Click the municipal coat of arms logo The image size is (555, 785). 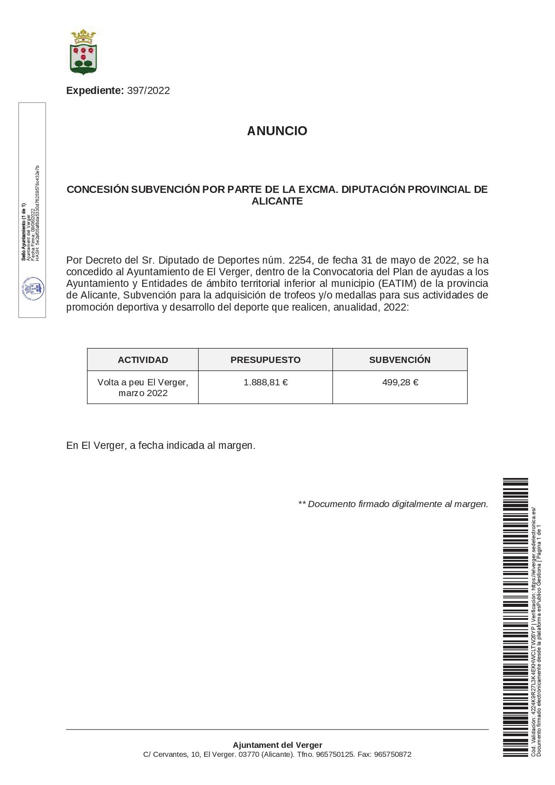tap(83, 51)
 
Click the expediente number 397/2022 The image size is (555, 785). tap(148, 90)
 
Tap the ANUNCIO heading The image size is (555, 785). tap(277, 131)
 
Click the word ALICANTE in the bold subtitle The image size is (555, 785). tap(277, 201)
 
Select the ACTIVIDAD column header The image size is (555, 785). tap(143, 360)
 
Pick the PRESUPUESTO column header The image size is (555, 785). tap(265, 360)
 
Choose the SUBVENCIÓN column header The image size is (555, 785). tap(400, 360)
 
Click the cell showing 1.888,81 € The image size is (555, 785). tap(265, 382)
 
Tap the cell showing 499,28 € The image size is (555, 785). tap(400, 382)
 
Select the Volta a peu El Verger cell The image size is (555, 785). tap(143, 388)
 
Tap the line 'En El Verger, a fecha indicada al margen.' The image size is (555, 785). tap(161, 445)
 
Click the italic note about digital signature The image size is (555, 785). tap(393, 504)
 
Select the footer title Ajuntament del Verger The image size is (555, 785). tap(277, 745)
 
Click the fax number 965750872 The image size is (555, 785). tap(393, 755)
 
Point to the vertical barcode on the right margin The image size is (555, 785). tap(515, 617)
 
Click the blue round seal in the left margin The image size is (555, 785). tap(33, 289)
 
